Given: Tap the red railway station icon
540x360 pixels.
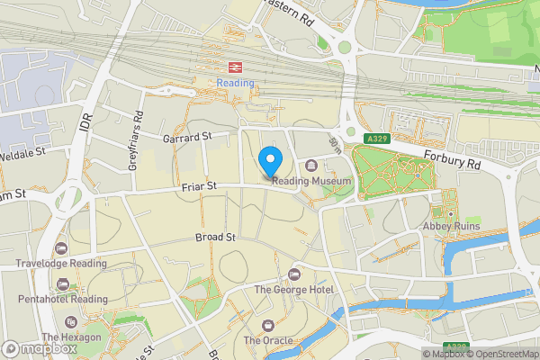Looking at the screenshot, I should click(x=236, y=67).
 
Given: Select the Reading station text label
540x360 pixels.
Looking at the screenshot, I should click(x=236, y=83).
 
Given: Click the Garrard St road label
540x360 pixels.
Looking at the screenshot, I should click(x=186, y=137).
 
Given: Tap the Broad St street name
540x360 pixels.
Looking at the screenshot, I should click(x=215, y=238).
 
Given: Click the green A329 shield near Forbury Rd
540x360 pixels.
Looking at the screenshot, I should click(x=377, y=139).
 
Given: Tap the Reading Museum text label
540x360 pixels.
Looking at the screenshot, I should click(x=310, y=181).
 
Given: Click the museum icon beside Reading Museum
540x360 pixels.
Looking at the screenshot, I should click(x=310, y=166).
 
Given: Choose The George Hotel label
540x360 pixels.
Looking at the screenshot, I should click(x=293, y=290).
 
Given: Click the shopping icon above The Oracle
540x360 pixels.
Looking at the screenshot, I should click(x=267, y=325).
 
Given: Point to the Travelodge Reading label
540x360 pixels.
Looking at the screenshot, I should click(x=60, y=264).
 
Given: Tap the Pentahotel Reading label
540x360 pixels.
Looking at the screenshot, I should click(x=61, y=299).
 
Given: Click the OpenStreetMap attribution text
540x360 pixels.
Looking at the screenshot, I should click(x=501, y=353).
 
